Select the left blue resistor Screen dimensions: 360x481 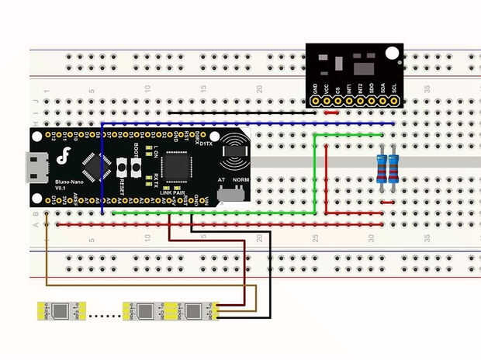[382, 168]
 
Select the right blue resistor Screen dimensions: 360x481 [394, 168]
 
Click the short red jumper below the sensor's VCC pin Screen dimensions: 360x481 [331, 112]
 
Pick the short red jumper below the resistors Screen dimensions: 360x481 [388, 203]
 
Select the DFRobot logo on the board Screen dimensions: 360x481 [65, 155]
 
